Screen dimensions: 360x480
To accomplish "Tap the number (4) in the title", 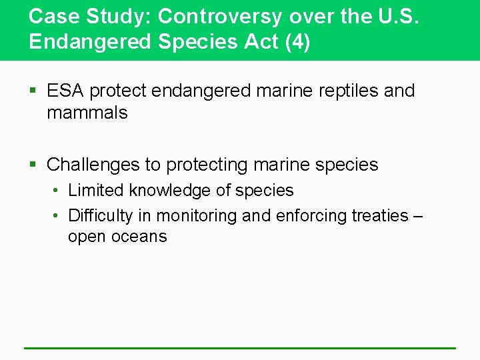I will click(297, 41).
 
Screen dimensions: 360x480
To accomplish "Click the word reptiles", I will click(347, 91).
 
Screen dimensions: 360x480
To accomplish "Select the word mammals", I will click(87, 113).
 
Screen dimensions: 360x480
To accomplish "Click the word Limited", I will click(96, 191).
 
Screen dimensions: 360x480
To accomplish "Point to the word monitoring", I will click(202, 216).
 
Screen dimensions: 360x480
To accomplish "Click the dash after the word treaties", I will click(417, 216).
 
